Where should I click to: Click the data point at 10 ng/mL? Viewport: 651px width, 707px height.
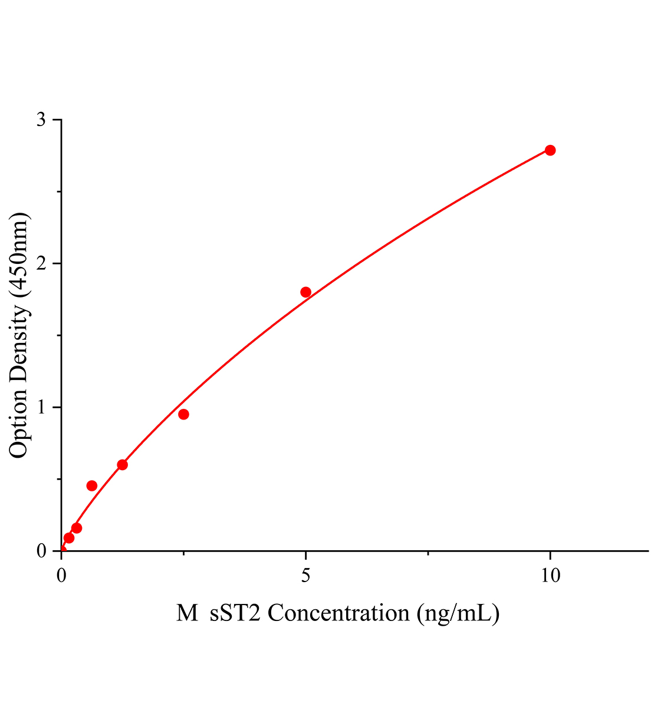click(550, 150)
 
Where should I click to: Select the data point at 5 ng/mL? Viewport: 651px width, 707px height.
click(305, 292)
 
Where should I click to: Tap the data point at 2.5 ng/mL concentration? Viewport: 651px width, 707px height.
click(183, 414)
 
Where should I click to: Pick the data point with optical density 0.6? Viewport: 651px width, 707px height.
click(122, 465)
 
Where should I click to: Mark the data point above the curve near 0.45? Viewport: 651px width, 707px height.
click(91, 485)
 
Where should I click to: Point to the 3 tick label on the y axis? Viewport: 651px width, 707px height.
click(41, 120)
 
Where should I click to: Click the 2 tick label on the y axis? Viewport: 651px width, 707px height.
click(41, 263)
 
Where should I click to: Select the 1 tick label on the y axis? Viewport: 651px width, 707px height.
click(41, 407)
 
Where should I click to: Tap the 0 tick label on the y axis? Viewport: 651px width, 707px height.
click(41, 551)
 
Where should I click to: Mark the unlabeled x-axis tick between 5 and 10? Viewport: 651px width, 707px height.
click(428, 553)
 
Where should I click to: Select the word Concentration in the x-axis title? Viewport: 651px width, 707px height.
click(338, 613)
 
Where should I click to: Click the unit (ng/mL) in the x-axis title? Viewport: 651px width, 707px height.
click(458, 613)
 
